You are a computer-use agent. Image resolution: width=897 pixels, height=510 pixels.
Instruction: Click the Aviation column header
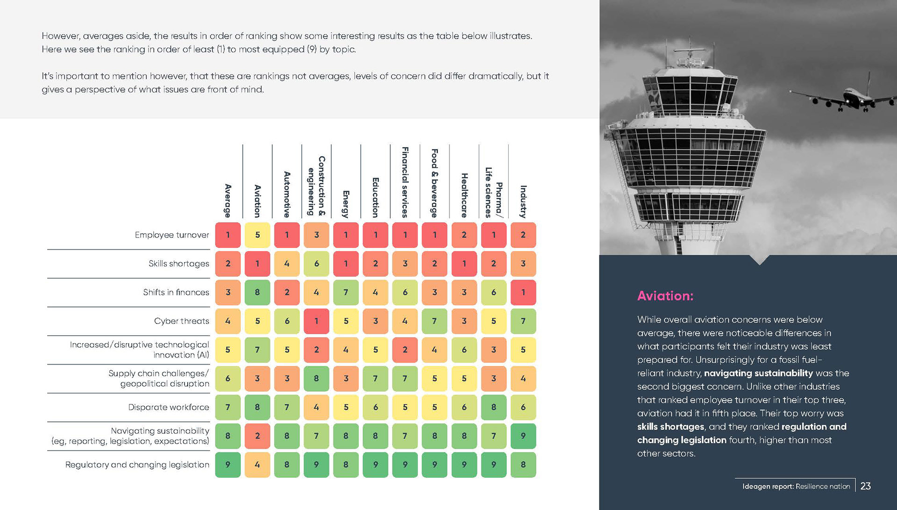point(257,201)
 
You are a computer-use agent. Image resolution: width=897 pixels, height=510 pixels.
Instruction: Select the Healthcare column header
point(464,195)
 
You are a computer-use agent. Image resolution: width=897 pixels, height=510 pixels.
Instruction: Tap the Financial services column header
point(405,182)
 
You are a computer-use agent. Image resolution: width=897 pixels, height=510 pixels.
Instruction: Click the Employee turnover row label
point(171,235)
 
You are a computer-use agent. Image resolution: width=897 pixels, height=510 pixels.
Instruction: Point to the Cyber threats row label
point(181,321)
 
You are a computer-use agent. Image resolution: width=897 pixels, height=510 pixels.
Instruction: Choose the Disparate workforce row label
point(168,407)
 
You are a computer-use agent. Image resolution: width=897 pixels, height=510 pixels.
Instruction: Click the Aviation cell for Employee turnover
point(257,235)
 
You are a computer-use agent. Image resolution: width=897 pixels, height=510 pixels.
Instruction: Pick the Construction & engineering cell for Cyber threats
point(316,321)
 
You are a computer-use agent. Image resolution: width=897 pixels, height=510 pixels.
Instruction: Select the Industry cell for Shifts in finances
point(523,292)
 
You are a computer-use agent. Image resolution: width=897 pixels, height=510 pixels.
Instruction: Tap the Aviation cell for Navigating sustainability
point(257,436)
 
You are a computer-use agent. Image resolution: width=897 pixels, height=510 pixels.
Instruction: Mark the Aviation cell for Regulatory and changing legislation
point(257,465)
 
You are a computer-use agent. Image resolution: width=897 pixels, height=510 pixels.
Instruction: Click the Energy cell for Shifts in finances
point(346,292)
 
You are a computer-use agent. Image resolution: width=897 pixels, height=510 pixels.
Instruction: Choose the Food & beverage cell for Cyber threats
point(434,321)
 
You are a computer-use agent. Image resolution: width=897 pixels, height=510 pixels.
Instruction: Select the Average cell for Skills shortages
point(228,264)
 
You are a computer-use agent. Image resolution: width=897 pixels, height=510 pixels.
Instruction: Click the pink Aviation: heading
point(665,296)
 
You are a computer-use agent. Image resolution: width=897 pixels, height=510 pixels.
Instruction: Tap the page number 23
point(865,486)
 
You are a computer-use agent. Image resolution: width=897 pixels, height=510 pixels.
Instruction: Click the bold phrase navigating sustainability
point(758,373)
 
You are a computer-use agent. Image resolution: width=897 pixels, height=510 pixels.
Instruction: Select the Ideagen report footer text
point(796,486)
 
